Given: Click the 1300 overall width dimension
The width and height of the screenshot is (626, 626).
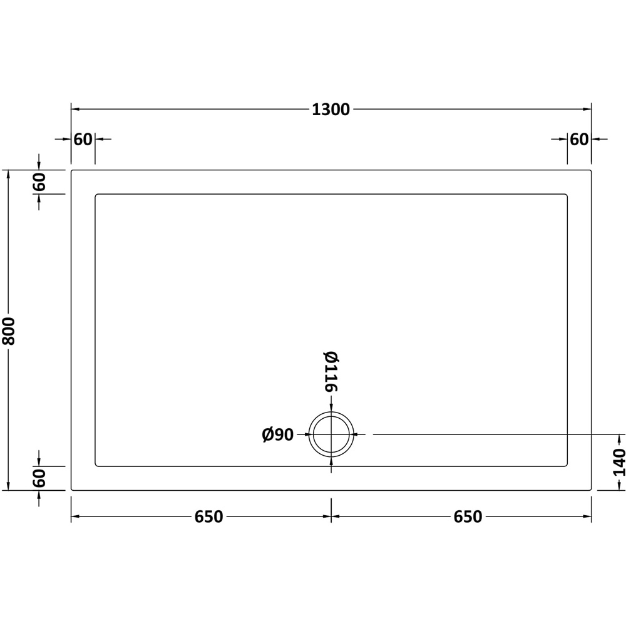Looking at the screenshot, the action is (x=331, y=110).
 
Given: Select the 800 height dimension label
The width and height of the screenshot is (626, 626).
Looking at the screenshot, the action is (x=8, y=331).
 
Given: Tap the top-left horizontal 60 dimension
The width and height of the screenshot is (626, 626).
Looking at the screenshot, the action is (x=83, y=140).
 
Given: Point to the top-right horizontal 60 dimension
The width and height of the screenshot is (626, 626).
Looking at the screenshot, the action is (x=579, y=140).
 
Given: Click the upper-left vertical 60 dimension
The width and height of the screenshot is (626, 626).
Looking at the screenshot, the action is (x=39, y=182).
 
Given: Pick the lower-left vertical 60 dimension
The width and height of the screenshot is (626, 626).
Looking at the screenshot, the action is (x=39, y=478).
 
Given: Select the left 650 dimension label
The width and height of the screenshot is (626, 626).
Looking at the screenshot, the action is (x=209, y=516).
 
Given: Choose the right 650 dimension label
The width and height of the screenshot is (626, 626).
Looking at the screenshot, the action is (x=468, y=516).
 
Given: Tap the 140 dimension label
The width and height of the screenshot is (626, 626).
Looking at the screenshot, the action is (x=619, y=463).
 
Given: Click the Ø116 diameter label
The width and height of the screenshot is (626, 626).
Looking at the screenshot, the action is (x=331, y=372).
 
